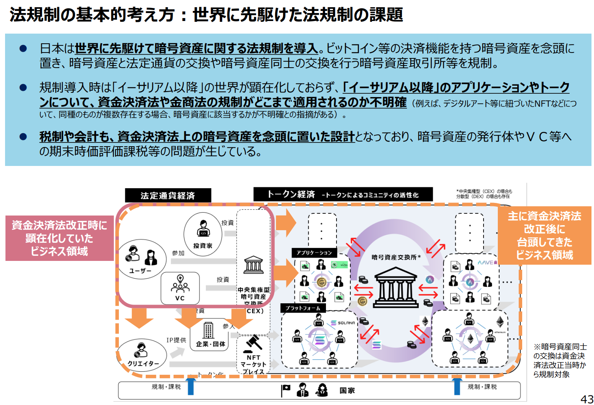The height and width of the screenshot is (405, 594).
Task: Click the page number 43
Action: tap(586, 399)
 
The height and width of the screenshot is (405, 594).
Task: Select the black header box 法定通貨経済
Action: tap(168, 195)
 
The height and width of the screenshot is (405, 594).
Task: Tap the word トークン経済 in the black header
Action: tap(291, 194)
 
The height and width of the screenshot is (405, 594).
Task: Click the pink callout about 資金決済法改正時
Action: tap(59, 238)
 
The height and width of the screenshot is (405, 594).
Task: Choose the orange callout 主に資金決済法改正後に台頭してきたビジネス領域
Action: tap(544, 235)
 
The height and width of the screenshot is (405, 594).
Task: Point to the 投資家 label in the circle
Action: tap(202, 246)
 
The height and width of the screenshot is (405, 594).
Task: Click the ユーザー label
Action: tap(140, 271)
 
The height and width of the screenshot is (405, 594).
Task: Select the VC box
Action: tap(180, 289)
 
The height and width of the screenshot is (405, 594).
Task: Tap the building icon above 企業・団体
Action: tap(208, 330)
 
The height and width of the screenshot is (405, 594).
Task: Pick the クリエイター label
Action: tap(143, 363)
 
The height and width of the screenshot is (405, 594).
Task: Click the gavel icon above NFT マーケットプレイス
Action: tap(254, 343)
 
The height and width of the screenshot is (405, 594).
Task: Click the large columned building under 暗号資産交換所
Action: tap(395, 287)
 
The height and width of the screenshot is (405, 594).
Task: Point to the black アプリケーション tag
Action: tap(314, 252)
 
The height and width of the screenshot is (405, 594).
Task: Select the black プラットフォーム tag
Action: tap(303, 308)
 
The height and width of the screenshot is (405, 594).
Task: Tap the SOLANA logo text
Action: tap(346, 323)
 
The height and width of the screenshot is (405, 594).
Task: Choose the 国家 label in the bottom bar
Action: tap(347, 390)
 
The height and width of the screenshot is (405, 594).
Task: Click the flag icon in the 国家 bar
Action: tap(286, 390)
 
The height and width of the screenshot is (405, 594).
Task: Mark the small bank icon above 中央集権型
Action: tap(253, 265)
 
